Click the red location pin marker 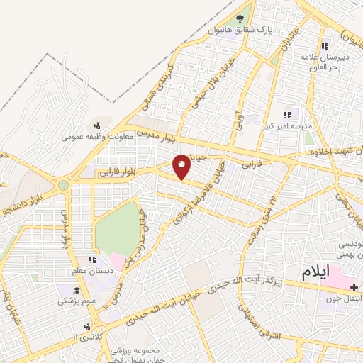(x=182, y=167)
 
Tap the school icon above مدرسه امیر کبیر (x=287, y=115)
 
